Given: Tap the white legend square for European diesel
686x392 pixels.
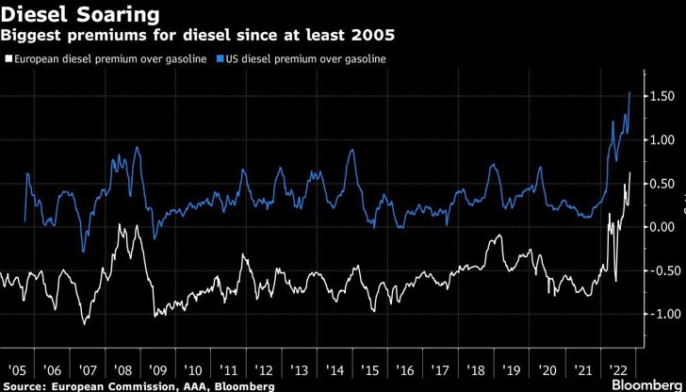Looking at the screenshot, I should pyautogui.click(x=8, y=58).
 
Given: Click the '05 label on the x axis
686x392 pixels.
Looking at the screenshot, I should pyautogui.click(x=16, y=369).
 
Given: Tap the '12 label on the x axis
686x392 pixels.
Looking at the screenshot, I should pyautogui.click(x=266, y=369).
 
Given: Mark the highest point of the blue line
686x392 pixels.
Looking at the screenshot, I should pyautogui.click(x=629, y=92).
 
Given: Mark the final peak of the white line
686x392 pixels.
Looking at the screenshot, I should pyautogui.click(x=629, y=173).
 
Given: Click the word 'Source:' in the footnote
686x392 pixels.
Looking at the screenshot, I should pyautogui.click(x=24, y=386).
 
